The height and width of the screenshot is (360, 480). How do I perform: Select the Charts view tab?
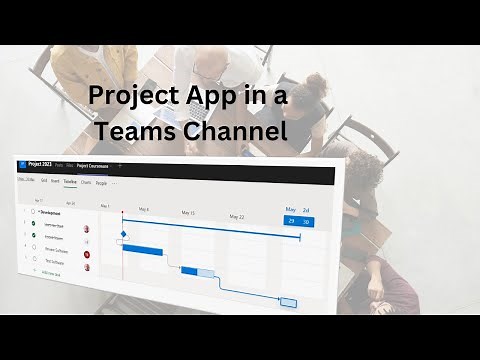pos(86,182)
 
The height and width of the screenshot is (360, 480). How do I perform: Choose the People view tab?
pos(100,183)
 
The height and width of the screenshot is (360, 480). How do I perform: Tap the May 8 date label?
pos(144,210)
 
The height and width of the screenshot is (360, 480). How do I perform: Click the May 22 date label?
pos(236,216)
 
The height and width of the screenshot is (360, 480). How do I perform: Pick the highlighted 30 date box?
pos(306,221)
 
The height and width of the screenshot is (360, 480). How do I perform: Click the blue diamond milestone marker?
pos(124,235)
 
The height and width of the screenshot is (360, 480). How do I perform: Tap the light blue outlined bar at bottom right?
pos(288,302)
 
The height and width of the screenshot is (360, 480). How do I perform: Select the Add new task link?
pos(50,272)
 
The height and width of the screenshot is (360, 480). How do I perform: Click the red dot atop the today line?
pos(122,211)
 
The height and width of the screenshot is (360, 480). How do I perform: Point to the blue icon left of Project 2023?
pos(22,165)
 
